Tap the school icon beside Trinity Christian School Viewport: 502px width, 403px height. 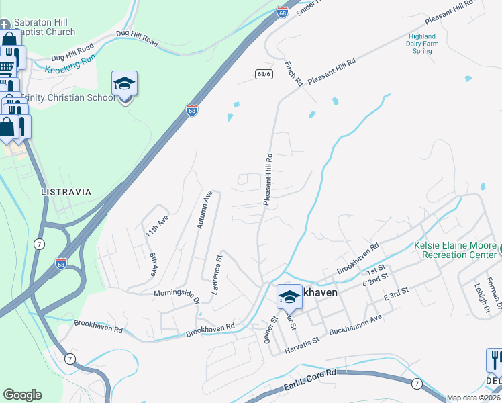pos(124,85)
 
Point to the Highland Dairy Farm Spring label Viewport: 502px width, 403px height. pos(422,44)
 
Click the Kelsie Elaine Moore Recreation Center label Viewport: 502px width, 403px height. pos(456,251)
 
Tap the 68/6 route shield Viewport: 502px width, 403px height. pos(264,74)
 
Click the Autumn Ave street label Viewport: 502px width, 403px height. pos(204,210)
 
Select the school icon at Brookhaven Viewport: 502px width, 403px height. pos(289,296)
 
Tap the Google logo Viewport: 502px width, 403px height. pos(22,395)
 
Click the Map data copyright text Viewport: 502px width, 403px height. pos(473,398)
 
